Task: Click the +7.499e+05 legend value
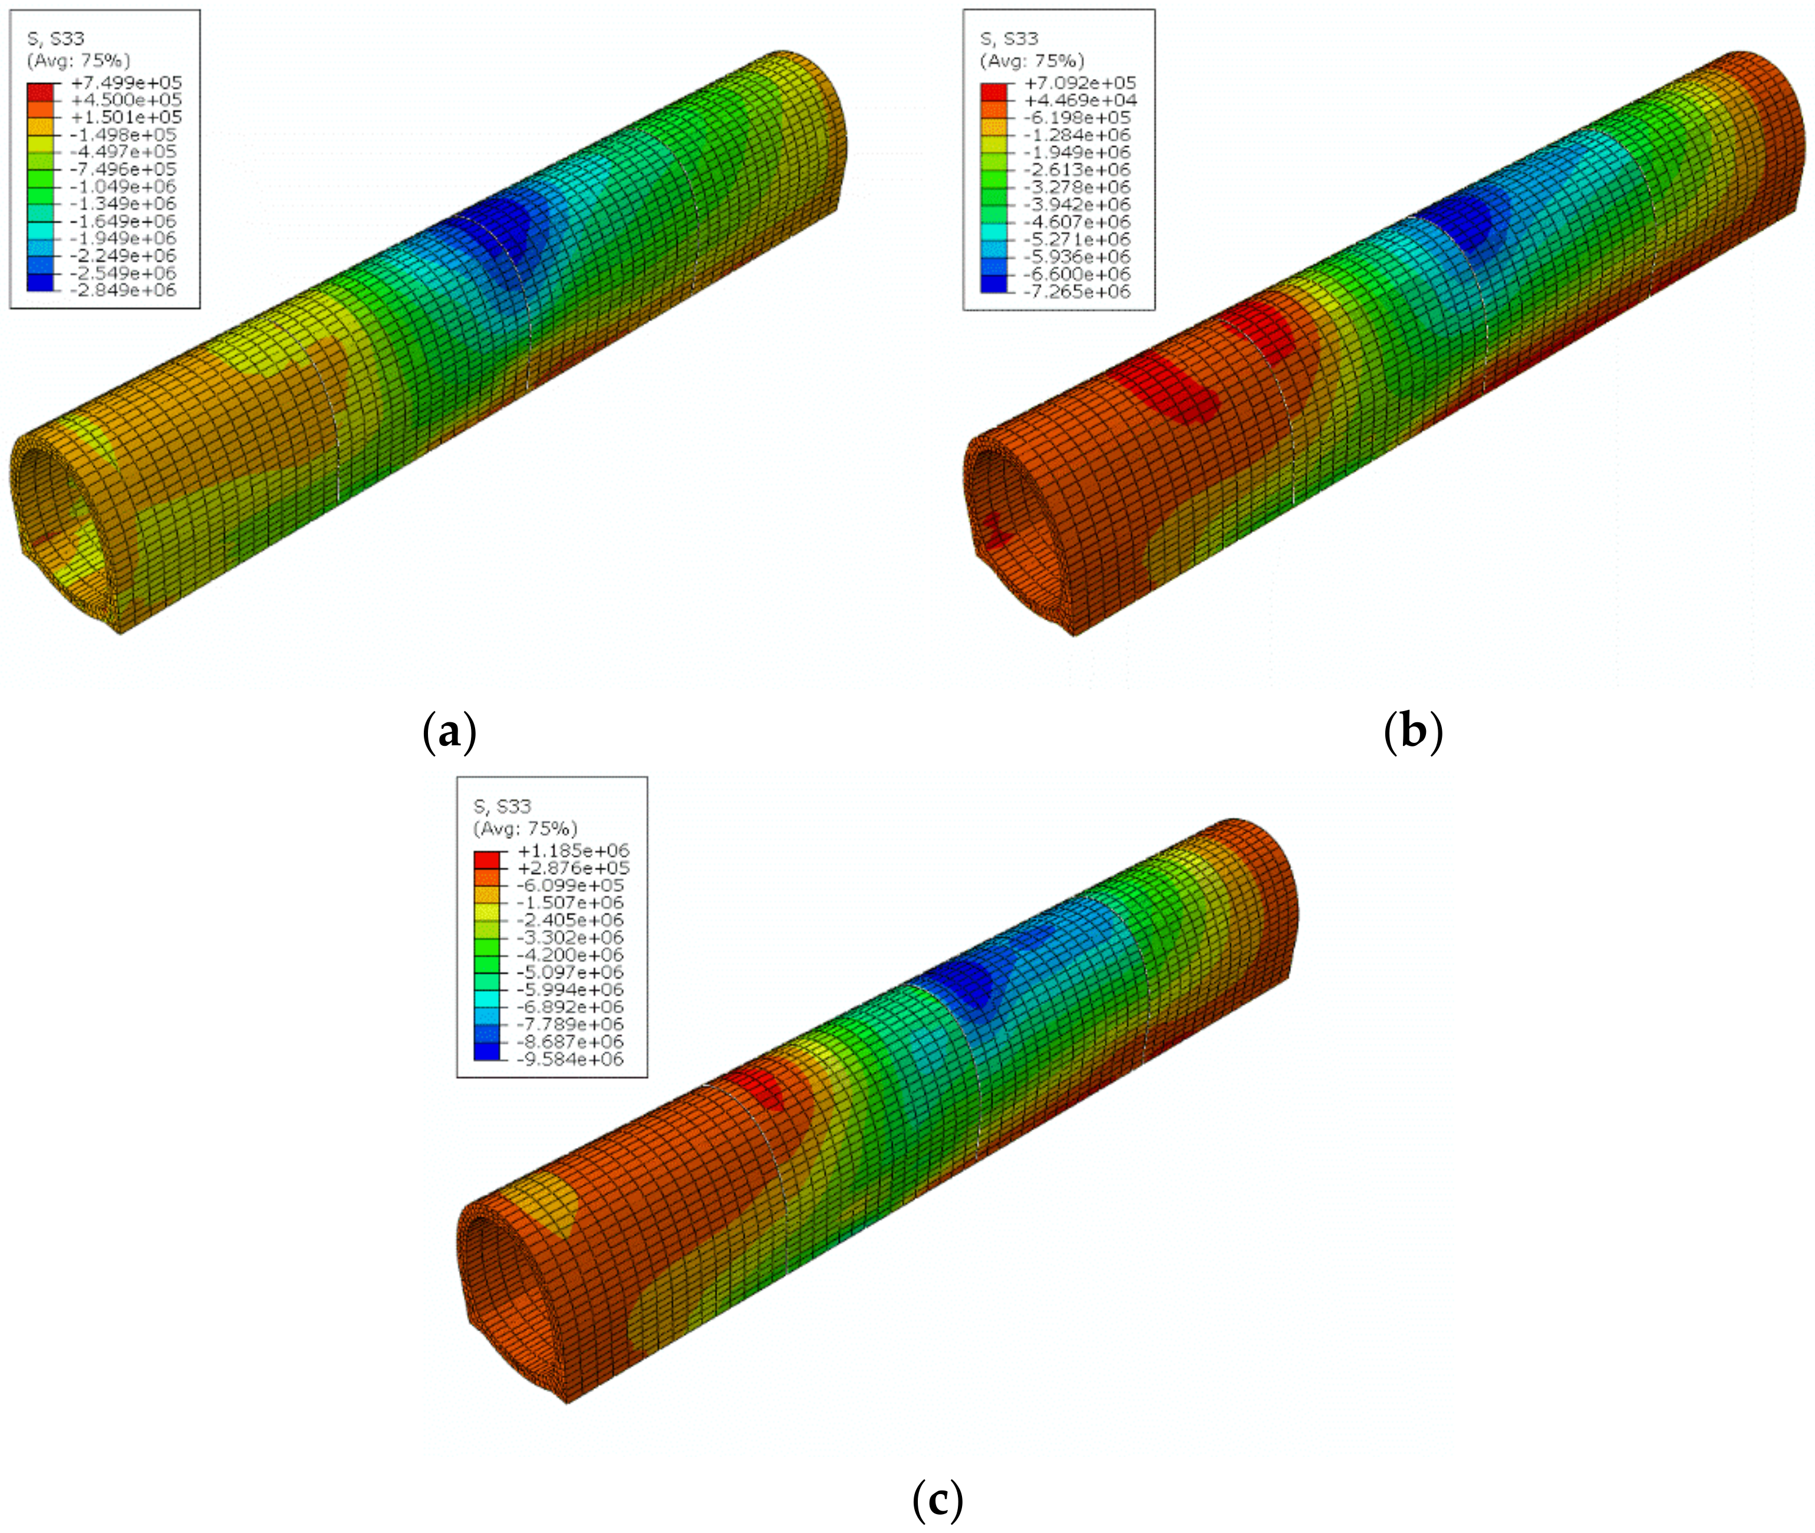click(x=127, y=83)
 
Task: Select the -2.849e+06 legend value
click(x=123, y=290)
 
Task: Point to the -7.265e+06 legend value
click(x=1078, y=291)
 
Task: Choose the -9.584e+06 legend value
click(x=570, y=1060)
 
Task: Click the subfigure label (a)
click(x=449, y=731)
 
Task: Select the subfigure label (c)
click(x=937, y=1499)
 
